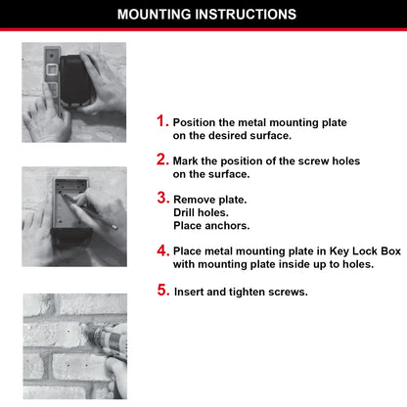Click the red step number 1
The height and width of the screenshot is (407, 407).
(x=162, y=121)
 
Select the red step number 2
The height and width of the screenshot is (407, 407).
(x=162, y=158)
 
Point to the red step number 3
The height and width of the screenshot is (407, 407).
(x=162, y=198)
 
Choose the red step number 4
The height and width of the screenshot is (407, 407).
(x=162, y=251)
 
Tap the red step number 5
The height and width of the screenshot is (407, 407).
(x=162, y=291)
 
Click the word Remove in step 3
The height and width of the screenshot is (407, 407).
(x=194, y=200)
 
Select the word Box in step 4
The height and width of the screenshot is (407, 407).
(x=390, y=251)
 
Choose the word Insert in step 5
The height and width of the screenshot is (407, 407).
(x=190, y=293)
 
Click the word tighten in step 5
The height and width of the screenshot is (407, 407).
(x=249, y=293)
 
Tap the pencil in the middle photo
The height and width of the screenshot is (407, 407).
(x=88, y=207)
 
